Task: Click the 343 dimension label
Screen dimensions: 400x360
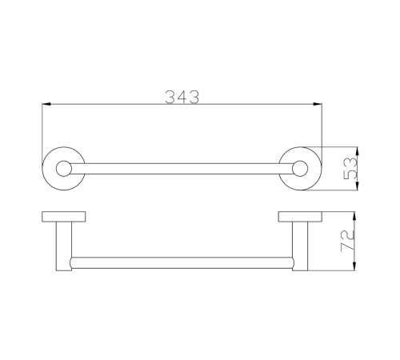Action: (182, 97)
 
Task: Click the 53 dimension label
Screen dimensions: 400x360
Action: (350, 168)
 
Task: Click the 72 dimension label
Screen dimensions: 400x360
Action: (348, 240)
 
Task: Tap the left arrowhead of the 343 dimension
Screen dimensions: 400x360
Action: (46, 104)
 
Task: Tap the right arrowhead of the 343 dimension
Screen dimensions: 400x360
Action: (318, 104)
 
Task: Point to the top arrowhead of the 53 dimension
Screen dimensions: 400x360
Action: (358, 150)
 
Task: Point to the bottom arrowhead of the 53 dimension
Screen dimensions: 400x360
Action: (358, 186)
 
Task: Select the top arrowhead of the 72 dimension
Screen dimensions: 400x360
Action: (354, 216)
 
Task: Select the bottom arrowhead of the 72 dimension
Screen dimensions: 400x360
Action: (354, 266)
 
